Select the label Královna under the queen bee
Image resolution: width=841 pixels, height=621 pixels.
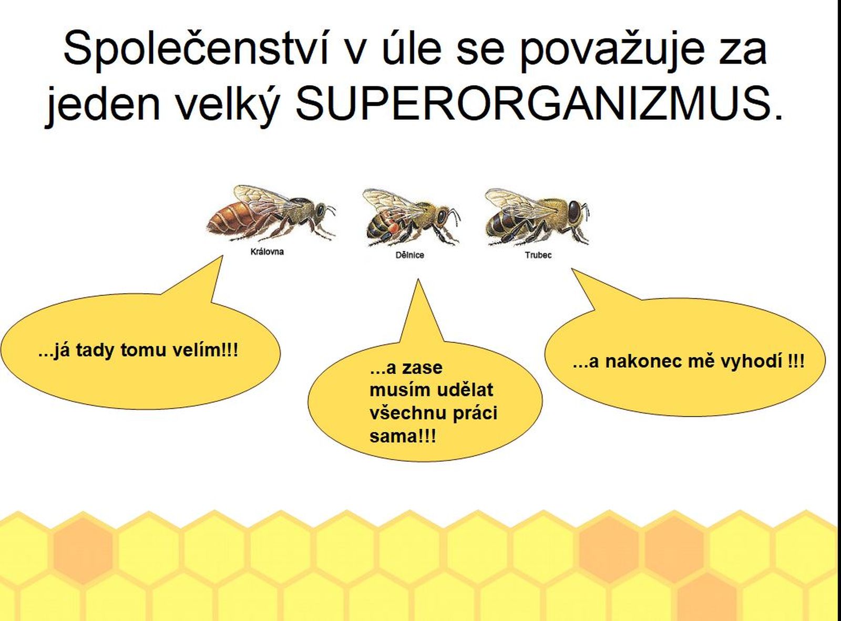coord(267,251)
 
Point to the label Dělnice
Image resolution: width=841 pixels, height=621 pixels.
coord(409,255)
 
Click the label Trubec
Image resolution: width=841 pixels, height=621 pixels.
coord(538,255)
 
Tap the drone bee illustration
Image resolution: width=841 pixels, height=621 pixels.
coord(537,217)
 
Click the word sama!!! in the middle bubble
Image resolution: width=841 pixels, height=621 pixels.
coord(403,437)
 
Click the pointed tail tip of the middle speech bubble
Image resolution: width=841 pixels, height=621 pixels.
coord(418,280)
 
